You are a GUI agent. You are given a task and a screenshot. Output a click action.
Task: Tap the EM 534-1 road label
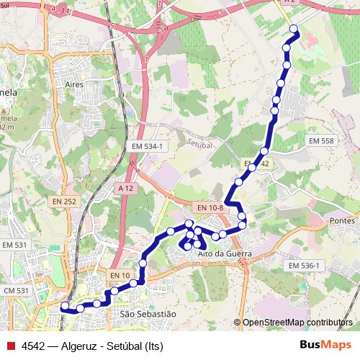(149, 146)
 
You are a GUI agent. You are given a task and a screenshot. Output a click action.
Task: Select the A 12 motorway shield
(125, 188)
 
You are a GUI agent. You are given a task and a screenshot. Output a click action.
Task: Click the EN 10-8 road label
(210, 208)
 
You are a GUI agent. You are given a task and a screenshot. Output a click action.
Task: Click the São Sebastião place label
(148, 314)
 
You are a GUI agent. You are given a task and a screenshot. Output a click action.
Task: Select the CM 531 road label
(15, 290)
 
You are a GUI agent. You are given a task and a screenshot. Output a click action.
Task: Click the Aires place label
(75, 84)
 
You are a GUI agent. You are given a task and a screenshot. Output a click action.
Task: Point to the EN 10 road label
(120, 275)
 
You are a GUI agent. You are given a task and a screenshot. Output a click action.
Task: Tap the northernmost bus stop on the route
(294, 29)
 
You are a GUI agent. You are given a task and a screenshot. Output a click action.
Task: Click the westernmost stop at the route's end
(64, 307)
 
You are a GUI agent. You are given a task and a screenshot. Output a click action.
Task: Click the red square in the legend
(10, 345)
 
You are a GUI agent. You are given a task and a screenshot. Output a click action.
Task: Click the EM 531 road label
(15, 246)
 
